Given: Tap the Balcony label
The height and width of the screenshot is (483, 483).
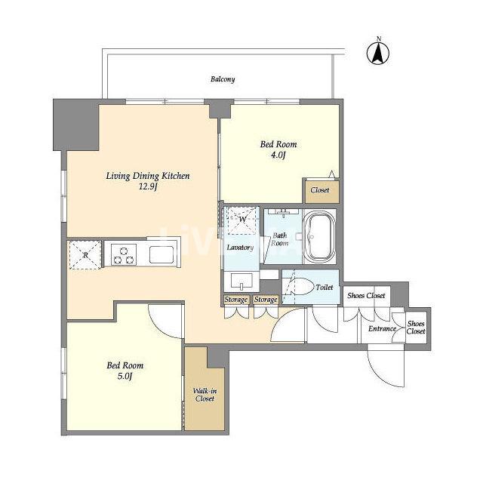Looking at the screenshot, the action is coord(223,79).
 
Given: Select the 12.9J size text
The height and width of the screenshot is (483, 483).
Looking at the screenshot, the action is coord(148,186).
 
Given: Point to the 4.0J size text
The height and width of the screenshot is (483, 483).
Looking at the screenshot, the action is coord(278,155).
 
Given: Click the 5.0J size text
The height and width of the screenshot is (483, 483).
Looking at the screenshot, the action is coord(125,376).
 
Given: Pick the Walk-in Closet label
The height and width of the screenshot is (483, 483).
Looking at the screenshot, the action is coord(205,395).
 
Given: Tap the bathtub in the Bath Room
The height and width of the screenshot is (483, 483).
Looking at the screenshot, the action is coord(319,236).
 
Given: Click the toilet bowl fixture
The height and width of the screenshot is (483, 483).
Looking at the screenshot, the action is coord(300,287).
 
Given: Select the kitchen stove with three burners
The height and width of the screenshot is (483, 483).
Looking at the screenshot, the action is coord(124,254).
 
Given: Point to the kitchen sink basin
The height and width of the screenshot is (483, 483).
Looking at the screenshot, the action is coord(162,254).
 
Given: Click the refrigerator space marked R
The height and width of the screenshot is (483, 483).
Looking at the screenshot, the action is coord(85,255).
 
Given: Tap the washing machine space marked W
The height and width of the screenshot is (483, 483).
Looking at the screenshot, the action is coord(242,220).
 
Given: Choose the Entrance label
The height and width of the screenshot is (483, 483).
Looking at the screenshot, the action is coord(382,329).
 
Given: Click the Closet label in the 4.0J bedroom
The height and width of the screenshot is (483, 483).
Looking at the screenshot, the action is coord(320,190).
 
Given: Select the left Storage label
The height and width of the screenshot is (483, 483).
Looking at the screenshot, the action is coord(236,300).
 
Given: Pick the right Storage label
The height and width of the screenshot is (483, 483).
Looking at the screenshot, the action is coord(266,300).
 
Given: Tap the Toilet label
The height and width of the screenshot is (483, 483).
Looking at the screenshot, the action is coord(324,288).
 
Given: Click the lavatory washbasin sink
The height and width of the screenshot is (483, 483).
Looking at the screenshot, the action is coord(241,281).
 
